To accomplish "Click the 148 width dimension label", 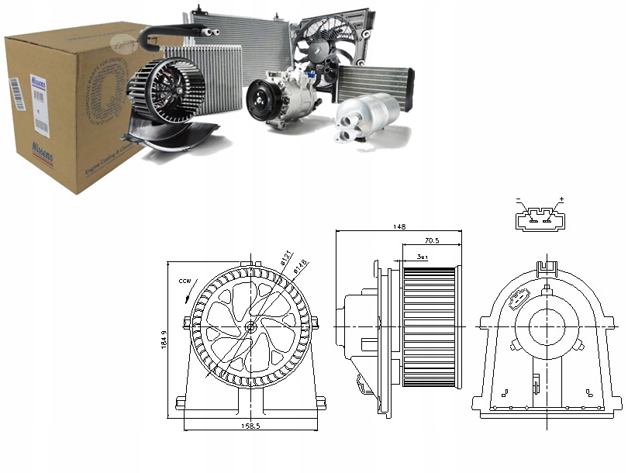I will (x=399, y=226).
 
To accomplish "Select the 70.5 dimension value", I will (x=431, y=240).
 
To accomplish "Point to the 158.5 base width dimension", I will (x=249, y=426).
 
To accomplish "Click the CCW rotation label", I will (x=184, y=281).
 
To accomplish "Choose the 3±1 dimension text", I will (x=422, y=255).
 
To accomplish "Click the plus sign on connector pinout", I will (x=561, y=200).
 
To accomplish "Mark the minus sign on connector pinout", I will (x=519, y=200).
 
